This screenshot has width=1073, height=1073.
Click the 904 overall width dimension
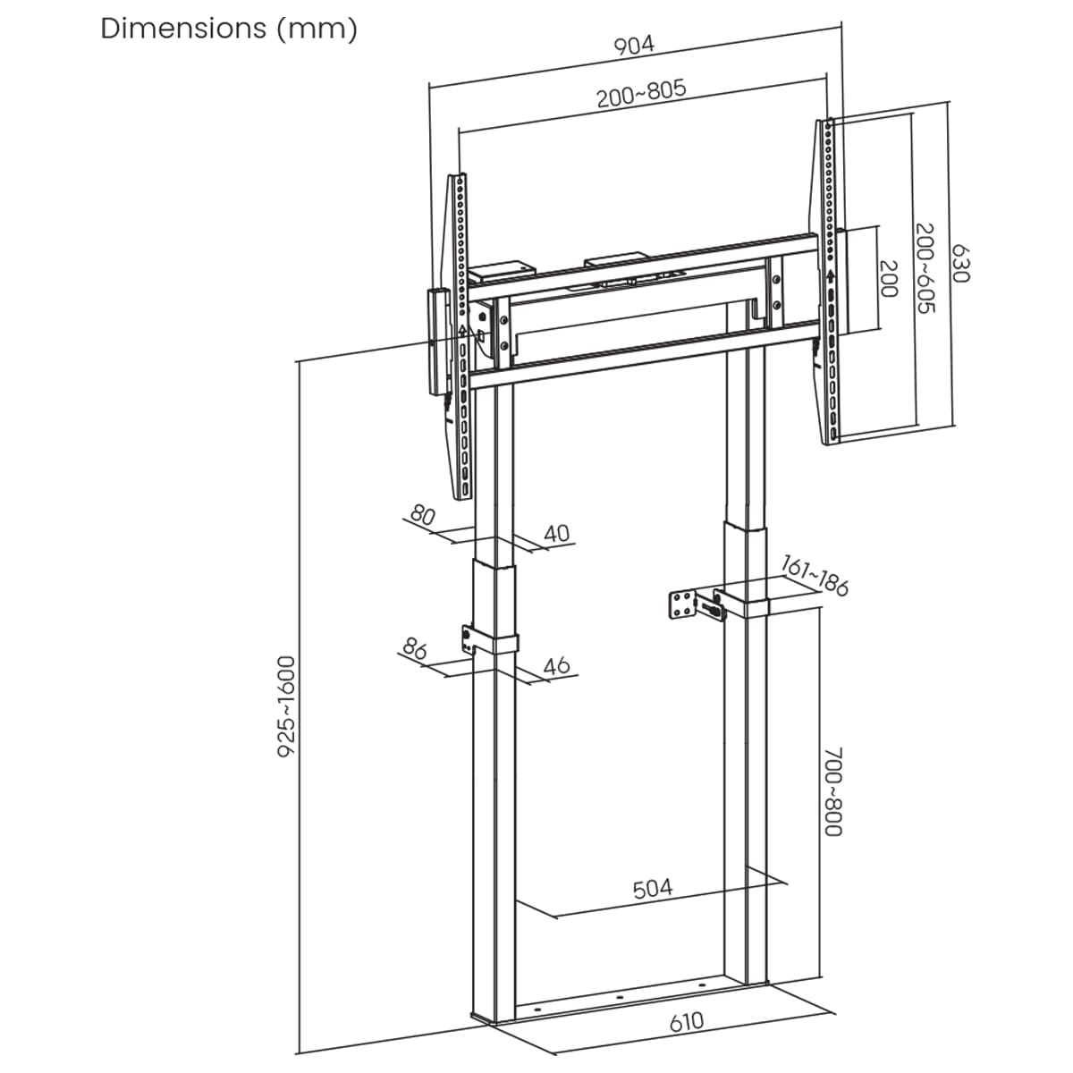click(x=634, y=46)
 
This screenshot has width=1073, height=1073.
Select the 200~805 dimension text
click(x=641, y=93)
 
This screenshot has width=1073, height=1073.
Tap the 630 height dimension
click(x=959, y=264)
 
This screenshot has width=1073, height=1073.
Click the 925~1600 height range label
click(x=286, y=707)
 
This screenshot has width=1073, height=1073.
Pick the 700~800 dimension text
click(x=832, y=792)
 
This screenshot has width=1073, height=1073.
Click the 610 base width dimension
click(x=686, y=1022)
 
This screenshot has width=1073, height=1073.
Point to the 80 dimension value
click(x=422, y=515)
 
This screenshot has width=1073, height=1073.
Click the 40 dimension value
click(x=556, y=534)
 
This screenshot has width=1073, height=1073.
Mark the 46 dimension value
click(x=556, y=665)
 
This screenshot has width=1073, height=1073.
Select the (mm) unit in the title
click(x=317, y=29)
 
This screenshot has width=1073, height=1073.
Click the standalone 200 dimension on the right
click(x=889, y=280)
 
